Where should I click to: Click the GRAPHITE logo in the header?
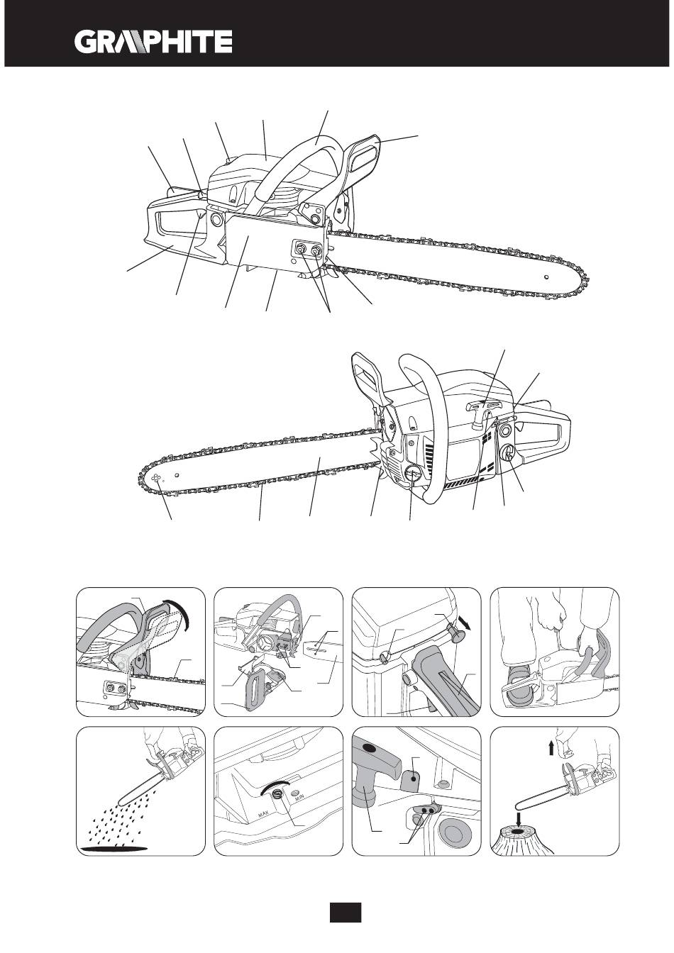click(x=153, y=41)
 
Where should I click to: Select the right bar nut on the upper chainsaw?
click(x=316, y=250)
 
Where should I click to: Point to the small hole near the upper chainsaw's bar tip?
click(x=546, y=277)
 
